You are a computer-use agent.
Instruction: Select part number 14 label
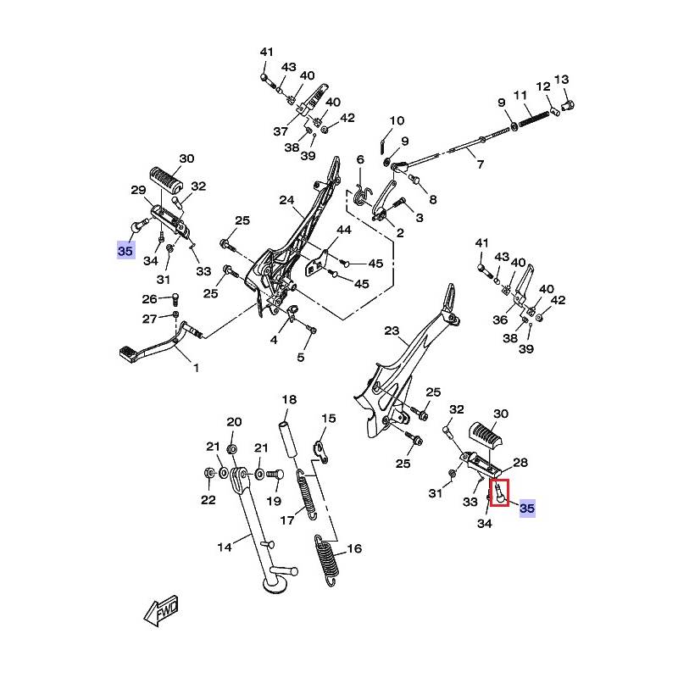point(224,547)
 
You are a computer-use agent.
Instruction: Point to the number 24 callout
point(286,201)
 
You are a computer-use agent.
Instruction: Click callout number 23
point(391,331)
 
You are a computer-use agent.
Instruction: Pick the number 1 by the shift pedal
point(197,369)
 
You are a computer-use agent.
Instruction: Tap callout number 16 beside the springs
point(353,549)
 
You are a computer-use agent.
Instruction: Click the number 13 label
point(561,81)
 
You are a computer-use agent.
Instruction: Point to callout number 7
point(480,164)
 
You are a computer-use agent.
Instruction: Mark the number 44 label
point(343,230)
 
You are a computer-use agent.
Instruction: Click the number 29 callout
point(137,191)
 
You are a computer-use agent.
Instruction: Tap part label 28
point(520,463)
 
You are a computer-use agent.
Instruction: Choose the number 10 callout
point(397,121)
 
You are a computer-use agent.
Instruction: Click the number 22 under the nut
point(208,499)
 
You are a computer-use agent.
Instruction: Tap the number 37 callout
point(281,131)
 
